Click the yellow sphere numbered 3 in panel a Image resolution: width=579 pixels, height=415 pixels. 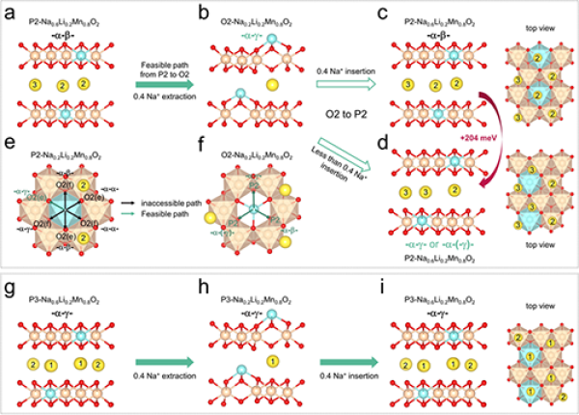[x=36, y=86]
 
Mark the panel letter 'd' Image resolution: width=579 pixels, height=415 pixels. [x=384, y=145]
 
